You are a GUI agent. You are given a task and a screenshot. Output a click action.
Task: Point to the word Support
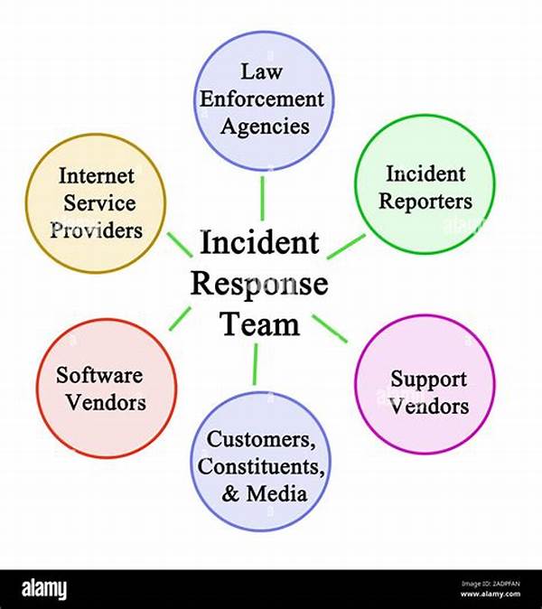pos(429,379)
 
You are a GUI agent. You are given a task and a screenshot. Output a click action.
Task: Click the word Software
pos(101,374)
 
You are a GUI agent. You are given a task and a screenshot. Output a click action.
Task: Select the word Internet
pos(96,175)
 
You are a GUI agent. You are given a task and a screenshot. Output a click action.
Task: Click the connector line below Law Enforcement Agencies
pos(262,197)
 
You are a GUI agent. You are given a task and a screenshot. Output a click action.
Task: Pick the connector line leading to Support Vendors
pos(331,328)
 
